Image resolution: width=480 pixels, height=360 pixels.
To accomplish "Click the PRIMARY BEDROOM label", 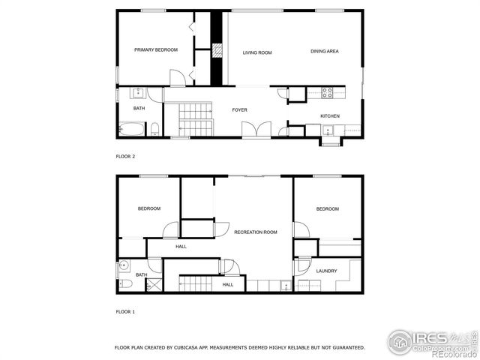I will pos(156,50).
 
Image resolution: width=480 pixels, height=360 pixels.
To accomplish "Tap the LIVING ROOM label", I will pos(256,52).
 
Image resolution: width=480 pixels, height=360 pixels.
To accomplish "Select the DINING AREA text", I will pos(325,51).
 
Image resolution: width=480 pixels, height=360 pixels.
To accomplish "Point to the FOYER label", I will pos(239,110).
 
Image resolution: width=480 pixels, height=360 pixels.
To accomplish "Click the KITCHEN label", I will pos(330,116).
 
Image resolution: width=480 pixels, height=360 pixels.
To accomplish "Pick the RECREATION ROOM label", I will pos(255,232).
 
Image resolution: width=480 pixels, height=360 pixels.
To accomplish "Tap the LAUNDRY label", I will pos(326,271).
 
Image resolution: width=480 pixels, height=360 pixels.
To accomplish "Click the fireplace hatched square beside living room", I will pos(217,51).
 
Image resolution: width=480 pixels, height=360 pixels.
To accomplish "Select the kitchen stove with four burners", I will pos(328,93).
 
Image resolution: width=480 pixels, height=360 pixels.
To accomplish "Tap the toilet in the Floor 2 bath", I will pos(154,128).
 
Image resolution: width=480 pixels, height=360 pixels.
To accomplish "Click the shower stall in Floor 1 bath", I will pos(154,285).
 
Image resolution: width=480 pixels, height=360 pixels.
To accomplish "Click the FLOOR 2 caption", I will pos(125,157).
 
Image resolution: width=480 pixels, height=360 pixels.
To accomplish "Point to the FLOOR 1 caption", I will pos(125,311).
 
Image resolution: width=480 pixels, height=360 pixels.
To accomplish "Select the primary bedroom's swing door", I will pos(177,78).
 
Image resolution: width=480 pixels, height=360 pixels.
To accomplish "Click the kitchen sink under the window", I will pos(328,130).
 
